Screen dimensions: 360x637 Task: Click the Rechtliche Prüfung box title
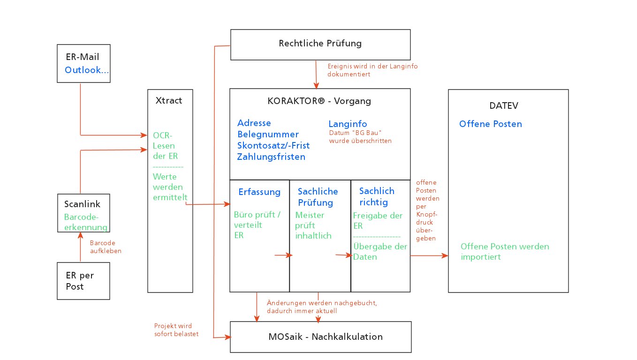[320, 44]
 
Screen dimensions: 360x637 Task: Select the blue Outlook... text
[87, 70]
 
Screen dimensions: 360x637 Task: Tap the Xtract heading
[168, 100]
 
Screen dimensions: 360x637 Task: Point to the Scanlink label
[82, 204]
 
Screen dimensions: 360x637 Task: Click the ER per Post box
[83, 281]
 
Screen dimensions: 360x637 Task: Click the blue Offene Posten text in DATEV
[490, 124]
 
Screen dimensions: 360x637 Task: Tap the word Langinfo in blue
[348, 124]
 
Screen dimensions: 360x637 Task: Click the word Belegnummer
[268, 135]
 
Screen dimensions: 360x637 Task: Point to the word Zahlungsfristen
[271, 157]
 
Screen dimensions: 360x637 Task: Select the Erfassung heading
[259, 192]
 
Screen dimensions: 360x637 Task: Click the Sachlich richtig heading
[377, 196]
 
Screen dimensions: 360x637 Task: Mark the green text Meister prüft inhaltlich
[313, 225]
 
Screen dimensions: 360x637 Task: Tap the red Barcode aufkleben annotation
[102, 247]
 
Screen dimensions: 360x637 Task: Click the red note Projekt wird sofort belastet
[173, 330]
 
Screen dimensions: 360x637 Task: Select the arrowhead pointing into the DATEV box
[446, 255]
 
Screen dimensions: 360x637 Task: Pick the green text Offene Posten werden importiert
[504, 252]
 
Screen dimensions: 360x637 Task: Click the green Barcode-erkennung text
[86, 222]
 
